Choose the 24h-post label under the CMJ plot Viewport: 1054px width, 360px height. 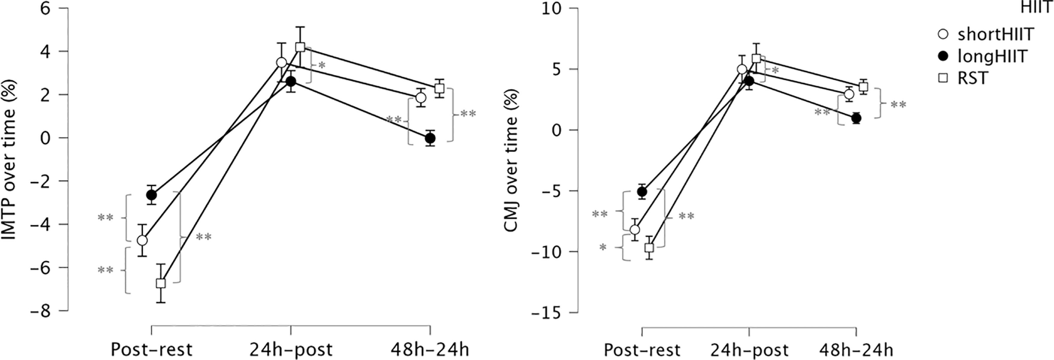749,350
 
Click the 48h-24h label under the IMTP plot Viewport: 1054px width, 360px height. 430,350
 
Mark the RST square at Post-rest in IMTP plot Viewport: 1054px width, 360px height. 161,283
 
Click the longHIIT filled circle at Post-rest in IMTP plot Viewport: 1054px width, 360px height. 151,195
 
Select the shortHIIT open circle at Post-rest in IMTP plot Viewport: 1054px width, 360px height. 142,240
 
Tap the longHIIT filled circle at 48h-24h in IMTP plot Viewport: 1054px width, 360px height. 430,138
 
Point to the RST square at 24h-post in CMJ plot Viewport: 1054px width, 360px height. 756,59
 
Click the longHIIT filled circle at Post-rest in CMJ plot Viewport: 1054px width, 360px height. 642,191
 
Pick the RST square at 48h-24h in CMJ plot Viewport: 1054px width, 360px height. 863,87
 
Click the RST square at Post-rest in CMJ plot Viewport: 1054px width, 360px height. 649,248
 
